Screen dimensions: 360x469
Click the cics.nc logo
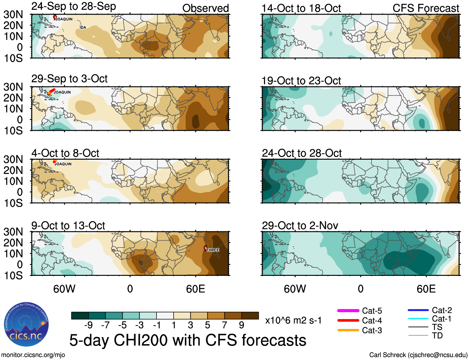(26, 325)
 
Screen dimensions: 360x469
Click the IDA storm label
(83, 27)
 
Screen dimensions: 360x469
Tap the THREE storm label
(213, 250)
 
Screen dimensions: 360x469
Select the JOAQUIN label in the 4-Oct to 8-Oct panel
(63, 164)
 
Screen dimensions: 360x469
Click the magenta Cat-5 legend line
(348, 311)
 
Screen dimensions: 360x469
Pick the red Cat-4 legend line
(348, 320)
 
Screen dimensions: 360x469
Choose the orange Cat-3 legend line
(348, 330)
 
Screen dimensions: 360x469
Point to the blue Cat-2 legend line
(418, 310)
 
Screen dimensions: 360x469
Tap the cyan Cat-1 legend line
(418, 318)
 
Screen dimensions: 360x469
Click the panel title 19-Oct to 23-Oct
(301, 81)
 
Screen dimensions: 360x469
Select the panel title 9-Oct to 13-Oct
(68, 226)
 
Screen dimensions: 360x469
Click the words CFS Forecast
(426, 8)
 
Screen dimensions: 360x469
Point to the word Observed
(205, 8)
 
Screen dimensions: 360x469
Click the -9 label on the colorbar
(89, 325)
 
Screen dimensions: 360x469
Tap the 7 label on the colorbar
(224, 325)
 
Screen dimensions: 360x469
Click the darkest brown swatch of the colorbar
(250, 316)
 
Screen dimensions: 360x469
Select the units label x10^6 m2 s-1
(293, 320)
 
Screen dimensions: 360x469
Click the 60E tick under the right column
(426, 289)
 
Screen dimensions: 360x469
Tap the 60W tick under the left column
(64, 289)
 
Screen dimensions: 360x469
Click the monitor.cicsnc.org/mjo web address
(33, 355)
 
